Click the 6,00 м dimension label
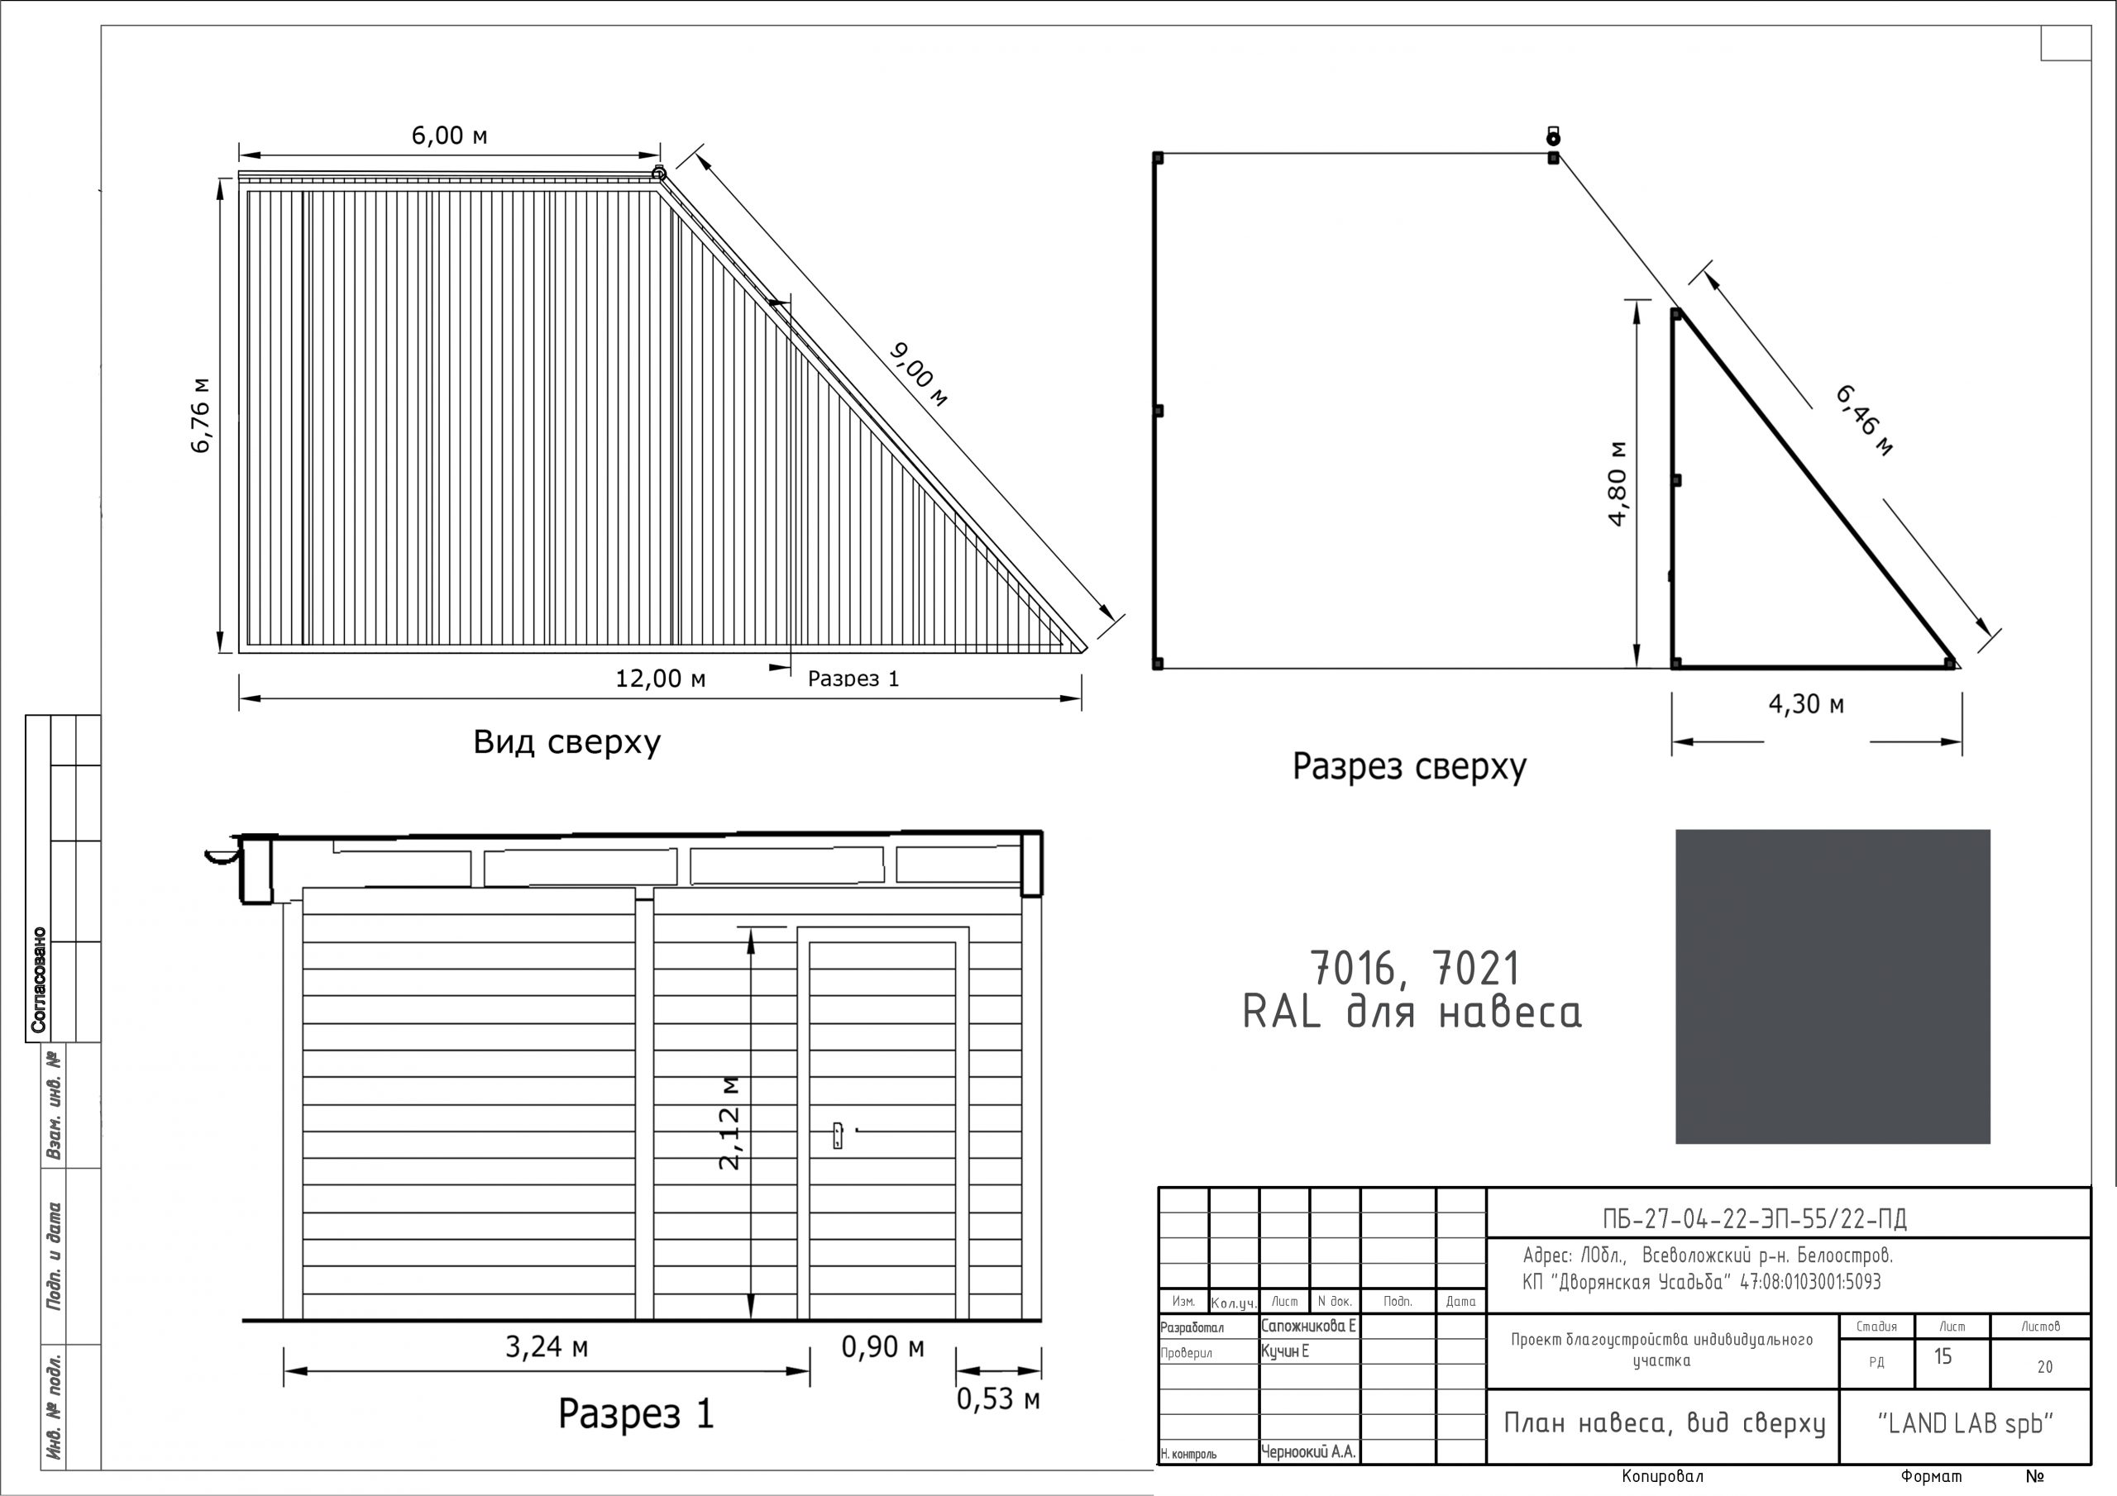coord(449,136)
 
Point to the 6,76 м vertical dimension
coord(201,415)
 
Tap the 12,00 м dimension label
coord(660,679)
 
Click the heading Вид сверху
coord(567,742)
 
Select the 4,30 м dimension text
coord(1806,704)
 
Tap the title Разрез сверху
coord(1409,767)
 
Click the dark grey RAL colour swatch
coord(1832,986)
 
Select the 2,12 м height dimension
coord(729,1122)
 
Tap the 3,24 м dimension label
coord(547,1347)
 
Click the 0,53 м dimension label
coord(997,1399)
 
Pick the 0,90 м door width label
coord(882,1347)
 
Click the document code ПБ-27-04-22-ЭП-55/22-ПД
coord(1755,1219)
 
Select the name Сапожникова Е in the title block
coord(1308,1327)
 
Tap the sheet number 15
coord(1943,1357)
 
